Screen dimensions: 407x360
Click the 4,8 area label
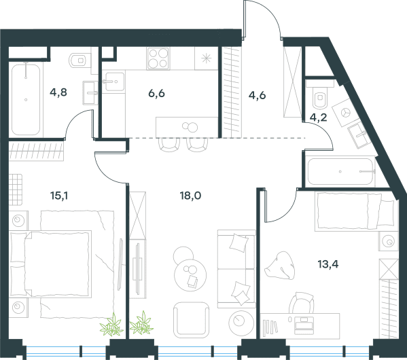tap(58, 92)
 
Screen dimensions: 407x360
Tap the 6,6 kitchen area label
tap(156, 93)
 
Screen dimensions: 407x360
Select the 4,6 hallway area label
tap(258, 95)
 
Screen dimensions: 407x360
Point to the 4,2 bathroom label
tap(319, 118)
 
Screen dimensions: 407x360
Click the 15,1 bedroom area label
tap(59, 196)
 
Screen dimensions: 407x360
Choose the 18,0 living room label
tap(190, 196)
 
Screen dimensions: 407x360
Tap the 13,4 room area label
tap(328, 264)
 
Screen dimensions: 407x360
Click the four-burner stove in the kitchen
tap(158, 58)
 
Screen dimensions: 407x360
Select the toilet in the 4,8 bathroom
tap(80, 60)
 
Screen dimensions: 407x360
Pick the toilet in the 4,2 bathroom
tap(320, 97)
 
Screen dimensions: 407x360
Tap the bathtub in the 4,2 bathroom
tap(340, 172)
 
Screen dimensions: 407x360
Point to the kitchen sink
tap(113, 82)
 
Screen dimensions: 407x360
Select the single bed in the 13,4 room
tap(356, 211)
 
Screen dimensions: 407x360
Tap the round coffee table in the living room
tap(190, 275)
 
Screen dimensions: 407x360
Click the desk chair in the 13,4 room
tap(302, 303)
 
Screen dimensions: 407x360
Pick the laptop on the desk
tap(304, 325)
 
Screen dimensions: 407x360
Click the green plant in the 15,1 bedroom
tap(112, 325)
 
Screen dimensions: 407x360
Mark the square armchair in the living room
tap(192, 320)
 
